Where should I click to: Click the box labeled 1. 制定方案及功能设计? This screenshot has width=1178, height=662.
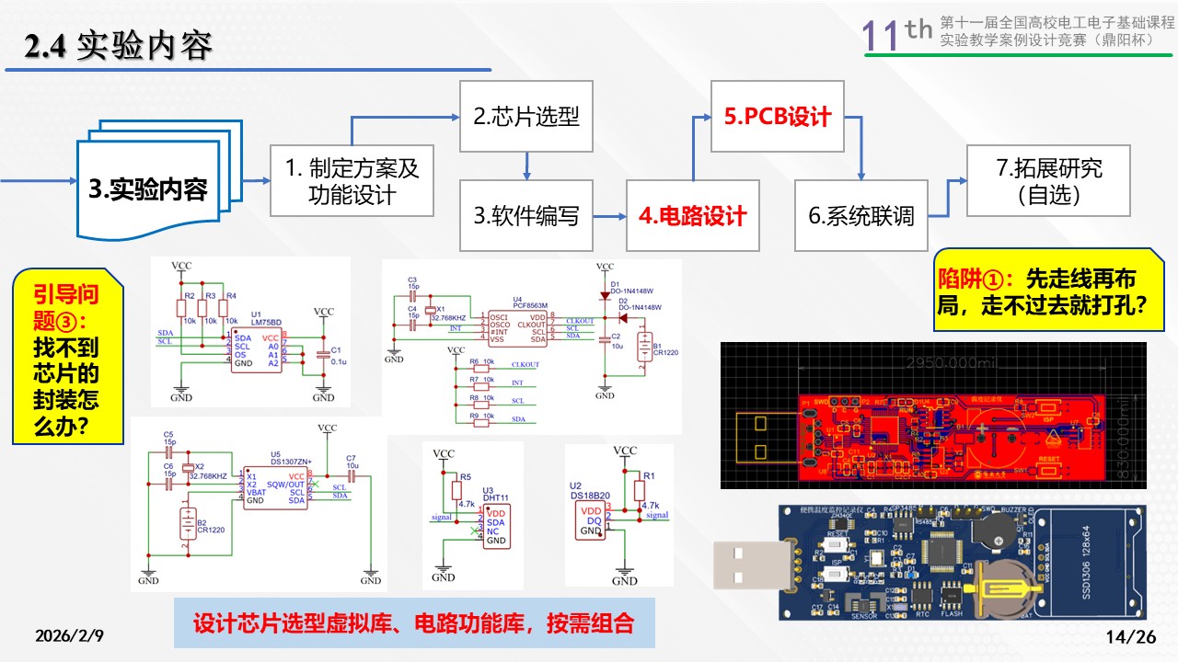(352, 181)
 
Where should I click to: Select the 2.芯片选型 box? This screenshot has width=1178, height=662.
(526, 116)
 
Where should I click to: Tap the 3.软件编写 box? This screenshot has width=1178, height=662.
(526, 216)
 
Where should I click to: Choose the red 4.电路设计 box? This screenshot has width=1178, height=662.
(693, 216)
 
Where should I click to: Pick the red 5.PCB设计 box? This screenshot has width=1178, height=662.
(778, 116)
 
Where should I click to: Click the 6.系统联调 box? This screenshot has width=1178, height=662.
(861, 216)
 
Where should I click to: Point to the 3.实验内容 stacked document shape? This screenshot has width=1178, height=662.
(147, 189)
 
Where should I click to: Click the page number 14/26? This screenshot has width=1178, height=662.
(1130, 636)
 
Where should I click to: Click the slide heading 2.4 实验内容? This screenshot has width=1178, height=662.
(119, 47)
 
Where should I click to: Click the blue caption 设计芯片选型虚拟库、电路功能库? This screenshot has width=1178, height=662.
(413, 622)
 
